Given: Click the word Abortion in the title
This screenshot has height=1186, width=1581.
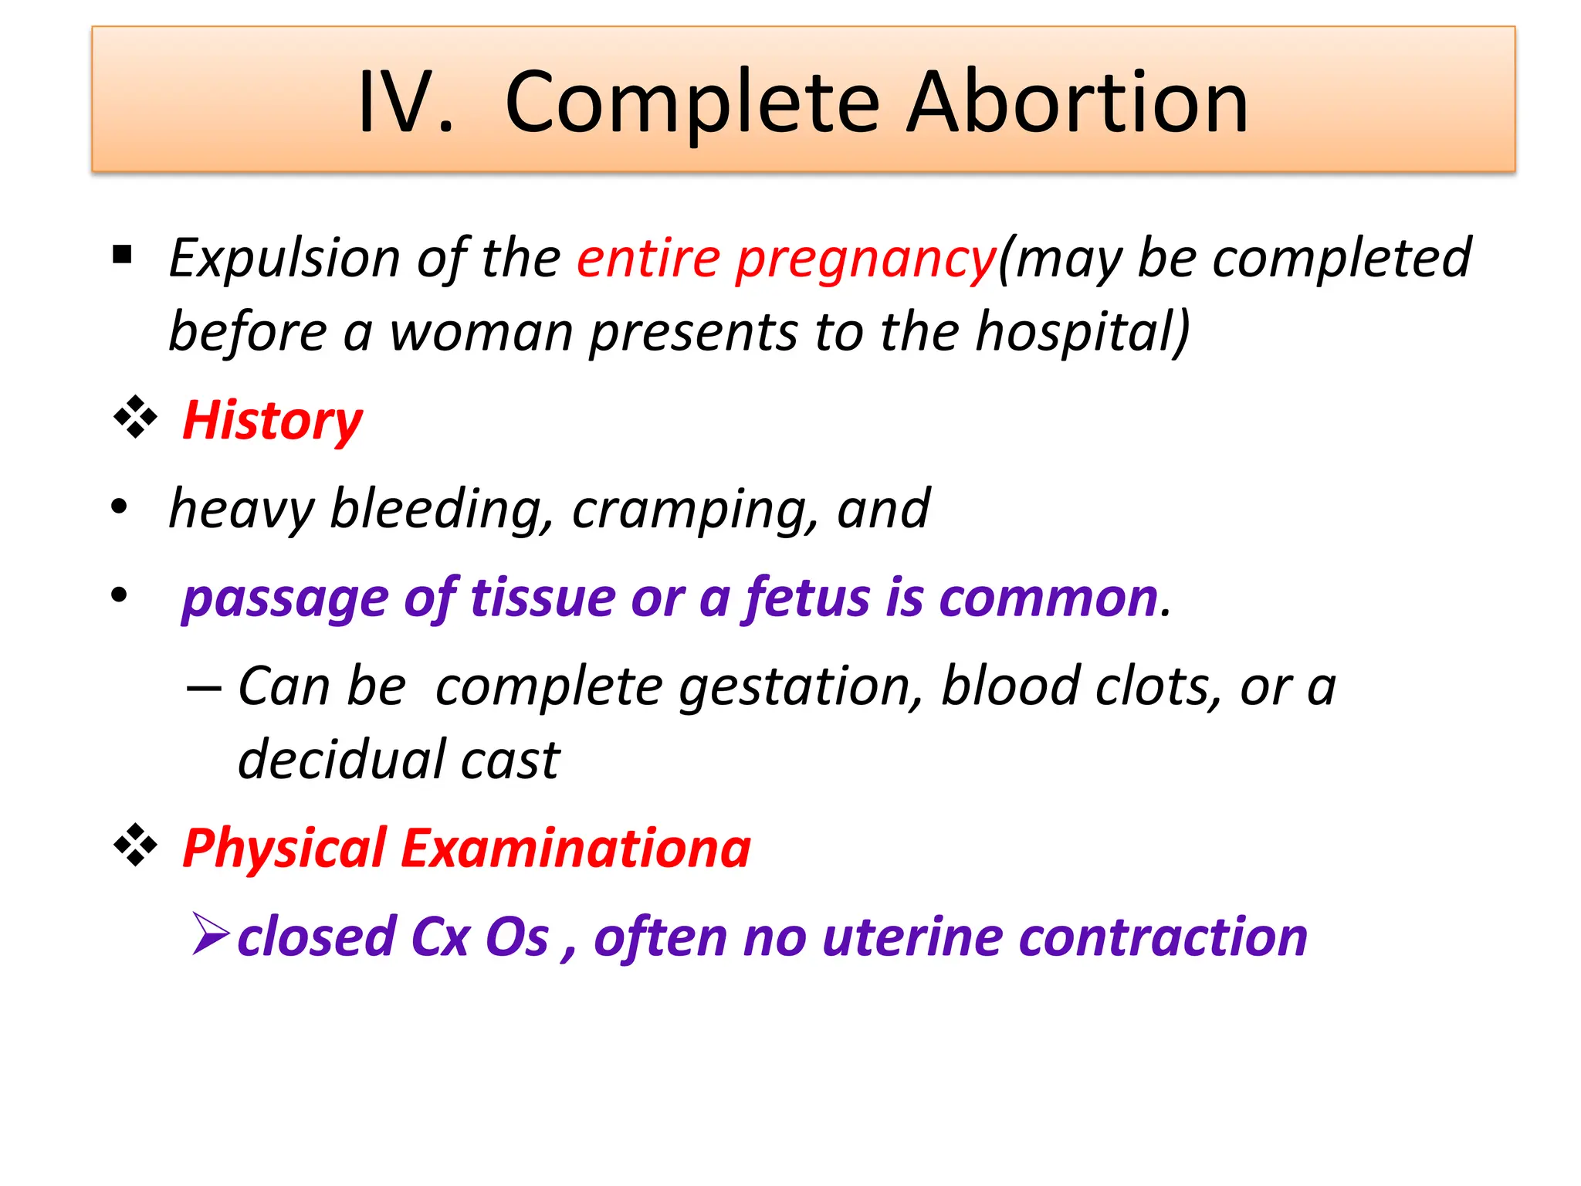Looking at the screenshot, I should [x=1077, y=103].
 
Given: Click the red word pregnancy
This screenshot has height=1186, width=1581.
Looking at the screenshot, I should [x=865, y=259].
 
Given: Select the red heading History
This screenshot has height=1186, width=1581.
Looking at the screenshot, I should [x=272, y=422].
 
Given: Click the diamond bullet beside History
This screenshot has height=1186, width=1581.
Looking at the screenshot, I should [x=135, y=418].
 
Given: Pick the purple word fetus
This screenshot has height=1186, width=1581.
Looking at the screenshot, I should [x=807, y=598].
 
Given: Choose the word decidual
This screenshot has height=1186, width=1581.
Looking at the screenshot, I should [x=340, y=760].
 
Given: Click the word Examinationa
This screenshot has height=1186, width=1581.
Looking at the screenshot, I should [x=575, y=849].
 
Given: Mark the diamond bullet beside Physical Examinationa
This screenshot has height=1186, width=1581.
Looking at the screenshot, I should [x=135, y=845].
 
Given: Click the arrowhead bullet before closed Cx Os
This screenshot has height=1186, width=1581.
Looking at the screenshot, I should [x=210, y=934].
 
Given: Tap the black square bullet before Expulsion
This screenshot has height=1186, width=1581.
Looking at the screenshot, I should [x=122, y=254].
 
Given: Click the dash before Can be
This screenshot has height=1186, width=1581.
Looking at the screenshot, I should [x=204, y=687].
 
